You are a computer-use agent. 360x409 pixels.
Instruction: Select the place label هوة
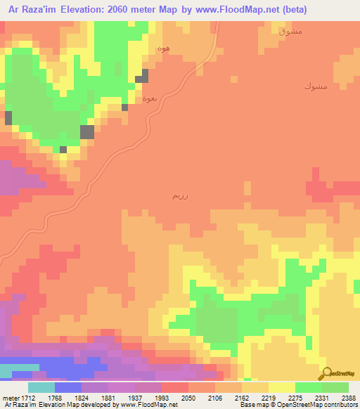[165, 49]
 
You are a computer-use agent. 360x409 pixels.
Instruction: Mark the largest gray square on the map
[87, 131]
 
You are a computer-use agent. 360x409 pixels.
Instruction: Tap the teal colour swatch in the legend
[41, 387]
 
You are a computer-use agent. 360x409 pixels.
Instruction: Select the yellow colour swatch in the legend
[281, 387]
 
